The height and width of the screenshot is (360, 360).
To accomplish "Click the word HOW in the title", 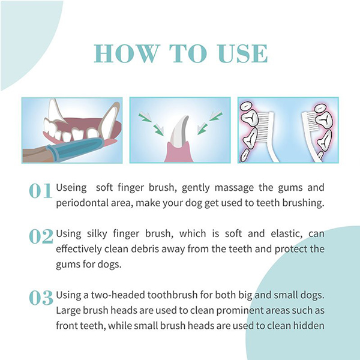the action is click(127, 53).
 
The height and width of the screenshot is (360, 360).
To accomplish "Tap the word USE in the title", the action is click(243, 53).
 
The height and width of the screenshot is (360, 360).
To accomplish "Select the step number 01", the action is click(40, 191).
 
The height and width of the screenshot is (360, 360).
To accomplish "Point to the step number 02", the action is click(41, 236).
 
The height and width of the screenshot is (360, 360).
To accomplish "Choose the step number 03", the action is click(41, 298).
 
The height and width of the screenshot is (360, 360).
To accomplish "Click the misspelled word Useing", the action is click(71, 188).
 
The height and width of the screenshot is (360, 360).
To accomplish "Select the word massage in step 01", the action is click(234, 188).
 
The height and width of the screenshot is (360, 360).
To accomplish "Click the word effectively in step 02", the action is click(79, 250).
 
